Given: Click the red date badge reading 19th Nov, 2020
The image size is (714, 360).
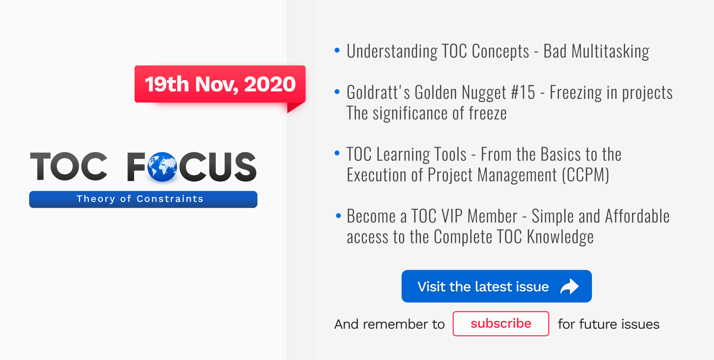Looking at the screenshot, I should [220, 84].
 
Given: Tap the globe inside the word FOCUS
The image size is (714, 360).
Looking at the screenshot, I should [162, 167].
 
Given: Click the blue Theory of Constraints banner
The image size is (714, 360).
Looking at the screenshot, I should [143, 199].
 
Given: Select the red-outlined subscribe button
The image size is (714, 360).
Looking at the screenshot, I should [501, 323].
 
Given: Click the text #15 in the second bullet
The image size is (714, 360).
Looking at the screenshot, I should [523, 93].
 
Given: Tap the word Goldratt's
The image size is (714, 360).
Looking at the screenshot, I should [378, 93].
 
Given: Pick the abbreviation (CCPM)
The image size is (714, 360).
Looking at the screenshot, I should [586, 175].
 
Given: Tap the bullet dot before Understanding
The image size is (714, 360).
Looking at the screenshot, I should [337, 50].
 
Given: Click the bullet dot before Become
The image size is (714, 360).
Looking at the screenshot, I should [338, 216].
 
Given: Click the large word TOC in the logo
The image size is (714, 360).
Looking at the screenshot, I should [69, 167].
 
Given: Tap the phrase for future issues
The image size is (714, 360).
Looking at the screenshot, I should [608, 324].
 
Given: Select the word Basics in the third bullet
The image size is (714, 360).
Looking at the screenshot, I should [561, 154].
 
